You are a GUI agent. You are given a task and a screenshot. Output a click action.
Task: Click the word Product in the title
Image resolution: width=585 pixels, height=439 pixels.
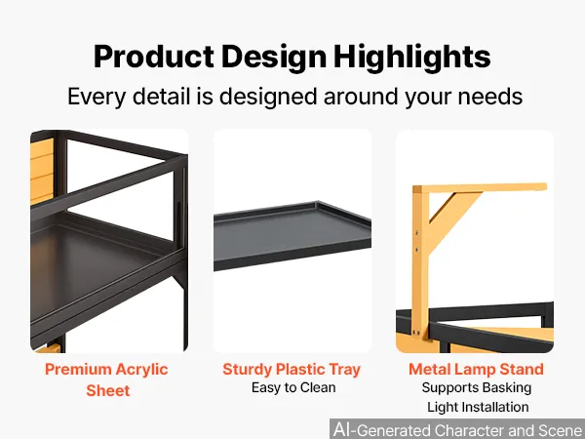coord(154,57)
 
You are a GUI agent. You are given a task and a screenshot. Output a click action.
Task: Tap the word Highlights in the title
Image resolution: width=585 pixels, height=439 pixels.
coord(411,58)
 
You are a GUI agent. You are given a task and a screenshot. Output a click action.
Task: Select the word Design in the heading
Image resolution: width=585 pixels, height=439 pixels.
coord(274,58)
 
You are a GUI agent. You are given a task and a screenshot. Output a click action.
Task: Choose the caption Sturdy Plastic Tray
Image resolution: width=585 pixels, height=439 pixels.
coord(292,370)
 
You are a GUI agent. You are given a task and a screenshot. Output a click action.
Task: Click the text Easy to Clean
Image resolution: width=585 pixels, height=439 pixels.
coord(293,387)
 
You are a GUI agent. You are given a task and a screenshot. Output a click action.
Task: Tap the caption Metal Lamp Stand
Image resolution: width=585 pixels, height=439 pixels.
coord(476,369)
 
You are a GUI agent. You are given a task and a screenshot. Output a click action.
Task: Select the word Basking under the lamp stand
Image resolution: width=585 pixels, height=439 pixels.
coord(505,388)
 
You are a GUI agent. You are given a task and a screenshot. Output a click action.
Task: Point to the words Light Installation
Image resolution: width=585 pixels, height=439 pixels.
coord(478,407)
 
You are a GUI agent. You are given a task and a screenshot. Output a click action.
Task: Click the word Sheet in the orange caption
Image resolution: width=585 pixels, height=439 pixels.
coord(108,390)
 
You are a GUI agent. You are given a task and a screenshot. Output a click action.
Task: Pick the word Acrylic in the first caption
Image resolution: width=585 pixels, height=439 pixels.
coord(141,370)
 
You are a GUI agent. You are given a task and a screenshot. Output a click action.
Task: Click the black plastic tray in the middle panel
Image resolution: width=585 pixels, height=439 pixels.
coord(292,235)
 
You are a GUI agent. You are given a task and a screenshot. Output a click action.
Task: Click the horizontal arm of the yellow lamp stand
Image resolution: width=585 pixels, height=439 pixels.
coord(480,187)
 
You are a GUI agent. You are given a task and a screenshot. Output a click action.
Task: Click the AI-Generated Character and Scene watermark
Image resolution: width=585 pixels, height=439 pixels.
coord(458,429)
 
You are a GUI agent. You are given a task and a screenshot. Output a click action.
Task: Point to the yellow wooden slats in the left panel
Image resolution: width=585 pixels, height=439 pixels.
coord(42,170)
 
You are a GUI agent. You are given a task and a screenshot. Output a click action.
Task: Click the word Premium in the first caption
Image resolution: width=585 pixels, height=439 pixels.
coord(78,369)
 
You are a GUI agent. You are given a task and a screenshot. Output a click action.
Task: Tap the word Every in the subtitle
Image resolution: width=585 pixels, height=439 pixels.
coord(97,97)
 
